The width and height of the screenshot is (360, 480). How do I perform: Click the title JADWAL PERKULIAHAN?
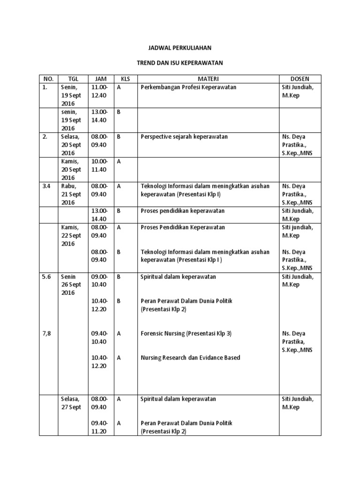[x=180, y=48]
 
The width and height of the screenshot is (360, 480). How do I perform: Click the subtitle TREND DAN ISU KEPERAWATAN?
[x=180, y=62]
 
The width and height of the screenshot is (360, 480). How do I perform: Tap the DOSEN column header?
[x=300, y=79]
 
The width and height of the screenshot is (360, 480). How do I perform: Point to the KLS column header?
[x=125, y=79]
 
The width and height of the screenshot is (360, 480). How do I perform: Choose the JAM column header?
[x=101, y=79]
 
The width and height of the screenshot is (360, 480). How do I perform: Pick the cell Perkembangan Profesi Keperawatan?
[x=188, y=87]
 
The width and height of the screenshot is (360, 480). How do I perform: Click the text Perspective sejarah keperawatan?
[x=184, y=136]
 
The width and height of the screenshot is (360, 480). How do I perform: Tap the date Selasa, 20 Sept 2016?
[x=71, y=145]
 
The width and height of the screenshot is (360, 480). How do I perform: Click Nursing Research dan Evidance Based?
[x=190, y=358]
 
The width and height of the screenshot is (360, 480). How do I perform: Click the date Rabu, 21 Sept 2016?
[x=71, y=194]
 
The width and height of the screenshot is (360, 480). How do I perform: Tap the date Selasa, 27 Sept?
[x=71, y=403]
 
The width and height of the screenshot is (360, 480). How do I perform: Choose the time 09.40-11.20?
[x=99, y=427]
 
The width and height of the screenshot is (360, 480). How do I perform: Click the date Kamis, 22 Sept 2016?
[x=71, y=235]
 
